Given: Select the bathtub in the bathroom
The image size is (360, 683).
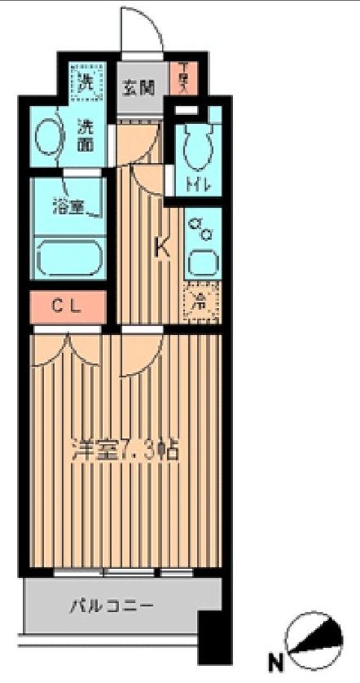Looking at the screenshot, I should (x=68, y=255).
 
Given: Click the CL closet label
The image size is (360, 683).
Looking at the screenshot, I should (x=68, y=306).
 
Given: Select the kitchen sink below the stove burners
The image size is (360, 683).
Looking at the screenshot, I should (x=201, y=262).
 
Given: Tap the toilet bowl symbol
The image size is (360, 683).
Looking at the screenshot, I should (x=197, y=147).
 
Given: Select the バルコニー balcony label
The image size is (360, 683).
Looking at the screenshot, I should (x=111, y=606).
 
